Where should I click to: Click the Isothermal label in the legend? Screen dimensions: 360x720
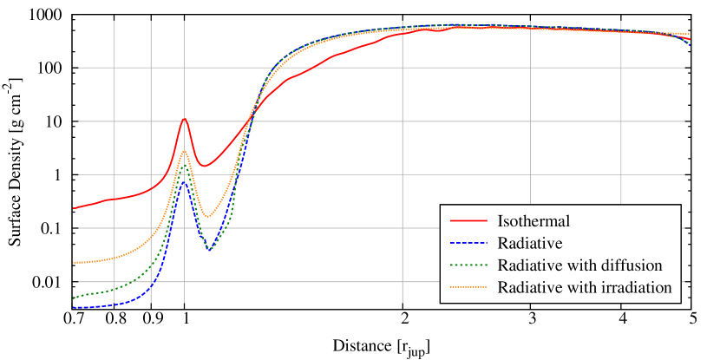point(533,221)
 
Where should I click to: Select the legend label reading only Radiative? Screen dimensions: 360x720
point(530,243)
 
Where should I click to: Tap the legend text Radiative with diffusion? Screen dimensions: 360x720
point(579,265)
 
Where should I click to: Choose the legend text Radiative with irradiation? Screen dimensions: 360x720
point(585,287)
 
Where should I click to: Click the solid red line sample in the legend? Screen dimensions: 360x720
point(468,221)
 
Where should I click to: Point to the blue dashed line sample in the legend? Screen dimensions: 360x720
point(468,243)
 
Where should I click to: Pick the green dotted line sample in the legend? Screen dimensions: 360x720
point(468,265)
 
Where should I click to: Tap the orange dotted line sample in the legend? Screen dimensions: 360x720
point(468,287)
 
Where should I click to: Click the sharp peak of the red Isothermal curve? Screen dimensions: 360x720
point(184,119)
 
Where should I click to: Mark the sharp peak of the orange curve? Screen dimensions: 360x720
point(184,152)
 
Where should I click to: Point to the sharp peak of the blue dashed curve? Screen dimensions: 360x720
point(184,182)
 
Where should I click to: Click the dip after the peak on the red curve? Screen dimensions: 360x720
point(203,166)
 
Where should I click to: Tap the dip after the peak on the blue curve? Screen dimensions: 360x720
point(210,250)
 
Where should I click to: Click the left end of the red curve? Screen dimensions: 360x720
point(74,208)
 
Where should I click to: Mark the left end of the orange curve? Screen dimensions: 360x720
point(74,262)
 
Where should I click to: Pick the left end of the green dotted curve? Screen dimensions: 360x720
point(74,298)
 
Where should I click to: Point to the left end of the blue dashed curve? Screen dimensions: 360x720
point(74,307)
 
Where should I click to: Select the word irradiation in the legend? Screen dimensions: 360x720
point(638,287)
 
